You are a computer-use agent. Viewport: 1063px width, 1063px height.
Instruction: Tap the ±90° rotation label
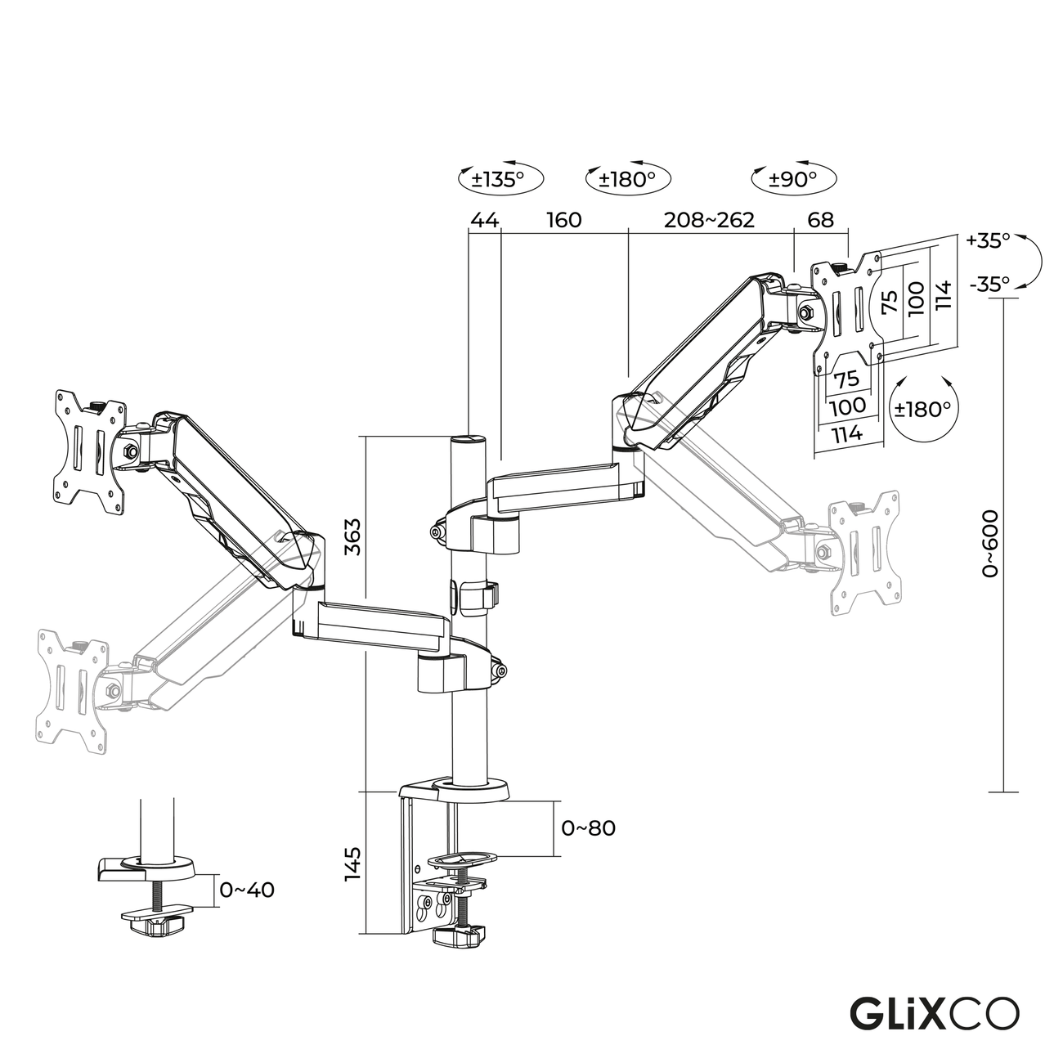793,179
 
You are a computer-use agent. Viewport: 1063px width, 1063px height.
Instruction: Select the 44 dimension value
483,220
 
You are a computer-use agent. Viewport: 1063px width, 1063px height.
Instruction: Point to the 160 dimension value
563,220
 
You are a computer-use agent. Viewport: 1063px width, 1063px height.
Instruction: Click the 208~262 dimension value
709,220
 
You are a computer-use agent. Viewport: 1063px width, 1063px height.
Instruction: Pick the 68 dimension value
820,220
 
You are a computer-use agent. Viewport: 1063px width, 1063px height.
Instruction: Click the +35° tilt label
988,240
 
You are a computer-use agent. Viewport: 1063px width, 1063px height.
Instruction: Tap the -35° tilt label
988,284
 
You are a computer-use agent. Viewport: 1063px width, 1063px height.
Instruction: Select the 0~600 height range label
990,544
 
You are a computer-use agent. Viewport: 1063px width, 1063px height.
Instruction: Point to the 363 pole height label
352,536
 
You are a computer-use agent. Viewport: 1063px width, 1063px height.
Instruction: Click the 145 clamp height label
352,863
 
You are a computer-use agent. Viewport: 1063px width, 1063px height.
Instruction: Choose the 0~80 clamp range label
588,828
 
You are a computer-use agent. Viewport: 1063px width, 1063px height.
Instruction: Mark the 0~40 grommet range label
247,890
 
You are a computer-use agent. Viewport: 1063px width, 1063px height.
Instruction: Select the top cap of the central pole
469,441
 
